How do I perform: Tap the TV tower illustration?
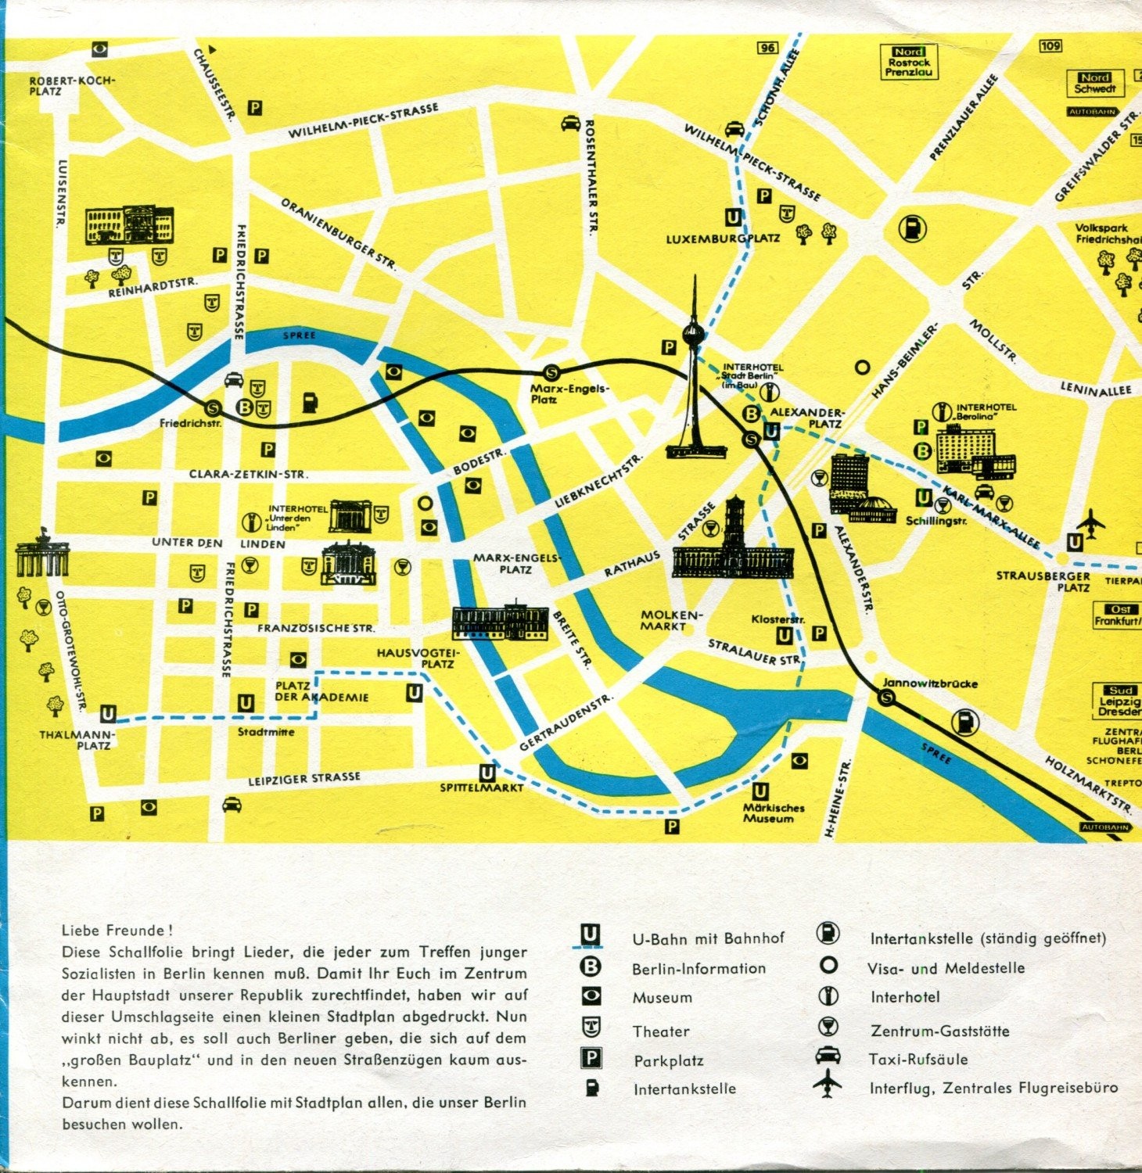click(694, 375)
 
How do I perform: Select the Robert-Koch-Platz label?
click(71, 85)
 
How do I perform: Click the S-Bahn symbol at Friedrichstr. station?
click(212, 407)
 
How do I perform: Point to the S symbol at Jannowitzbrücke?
click(886, 698)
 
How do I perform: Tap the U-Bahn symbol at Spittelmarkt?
click(487, 773)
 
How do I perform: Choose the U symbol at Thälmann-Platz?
click(108, 713)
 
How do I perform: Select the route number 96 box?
click(768, 48)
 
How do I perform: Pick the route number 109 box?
click(1050, 45)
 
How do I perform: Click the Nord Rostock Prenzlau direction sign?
click(908, 62)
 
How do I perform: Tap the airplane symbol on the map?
click(1092, 522)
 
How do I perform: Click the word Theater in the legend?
click(661, 1031)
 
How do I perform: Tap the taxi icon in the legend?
click(828, 1056)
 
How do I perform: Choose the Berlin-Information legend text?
click(698, 968)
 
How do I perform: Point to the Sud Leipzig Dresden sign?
click(1119, 701)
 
